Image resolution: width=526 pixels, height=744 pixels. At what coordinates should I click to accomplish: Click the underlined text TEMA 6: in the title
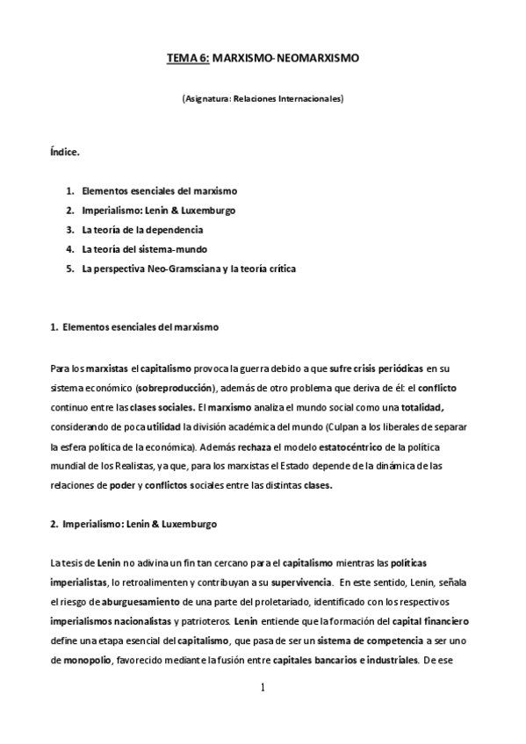[187, 59]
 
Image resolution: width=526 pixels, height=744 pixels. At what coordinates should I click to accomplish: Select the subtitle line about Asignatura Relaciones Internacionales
[263, 99]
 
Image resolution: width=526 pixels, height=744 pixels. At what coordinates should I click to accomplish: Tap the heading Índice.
[65, 152]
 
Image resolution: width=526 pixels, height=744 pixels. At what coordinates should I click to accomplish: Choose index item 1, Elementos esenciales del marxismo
[159, 190]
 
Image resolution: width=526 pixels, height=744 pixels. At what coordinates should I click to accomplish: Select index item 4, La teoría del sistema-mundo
[144, 248]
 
